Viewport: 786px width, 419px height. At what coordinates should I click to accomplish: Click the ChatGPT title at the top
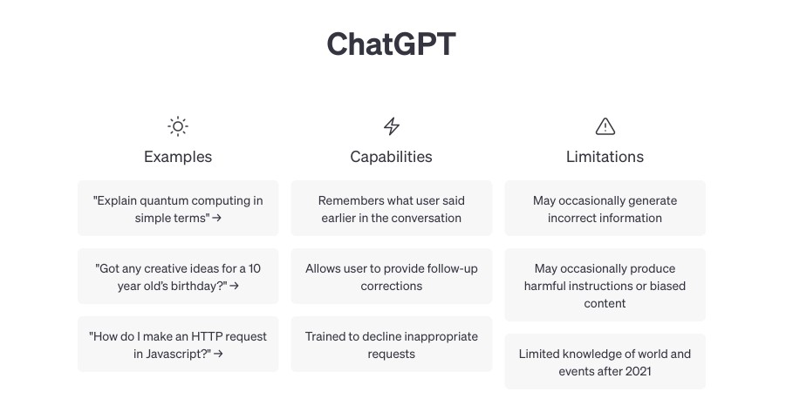pos(391,44)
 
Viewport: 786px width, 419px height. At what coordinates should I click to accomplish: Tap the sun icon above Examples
pos(178,126)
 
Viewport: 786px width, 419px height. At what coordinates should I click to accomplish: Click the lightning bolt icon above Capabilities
pos(392,126)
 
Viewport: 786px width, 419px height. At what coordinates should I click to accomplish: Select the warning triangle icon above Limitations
pos(605,126)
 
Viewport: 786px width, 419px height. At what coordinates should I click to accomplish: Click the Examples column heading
pos(178,157)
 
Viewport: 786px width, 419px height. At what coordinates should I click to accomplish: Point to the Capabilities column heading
pos(391,157)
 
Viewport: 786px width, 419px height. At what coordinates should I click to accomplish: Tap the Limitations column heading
pos(605,157)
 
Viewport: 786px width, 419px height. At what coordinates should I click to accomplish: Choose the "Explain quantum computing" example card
pos(178,208)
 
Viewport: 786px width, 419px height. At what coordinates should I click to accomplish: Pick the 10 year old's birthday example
pos(178,276)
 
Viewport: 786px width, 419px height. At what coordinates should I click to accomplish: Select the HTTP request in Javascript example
pos(178,344)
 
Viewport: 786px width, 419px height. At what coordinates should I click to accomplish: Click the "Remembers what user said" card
pos(392,208)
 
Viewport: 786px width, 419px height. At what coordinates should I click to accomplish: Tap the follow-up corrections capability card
pos(392,276)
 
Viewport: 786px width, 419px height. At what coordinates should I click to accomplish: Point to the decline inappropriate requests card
pos(392,344)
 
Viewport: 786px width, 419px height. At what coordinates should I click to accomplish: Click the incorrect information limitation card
pos(605,208)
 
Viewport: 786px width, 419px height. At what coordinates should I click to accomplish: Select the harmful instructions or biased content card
pos(605,285)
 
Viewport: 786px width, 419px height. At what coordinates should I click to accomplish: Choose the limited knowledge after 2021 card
pos(605,362)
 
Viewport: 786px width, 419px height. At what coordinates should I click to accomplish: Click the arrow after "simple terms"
pos(216,219)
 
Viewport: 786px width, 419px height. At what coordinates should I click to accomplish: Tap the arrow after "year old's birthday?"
pos(234,287)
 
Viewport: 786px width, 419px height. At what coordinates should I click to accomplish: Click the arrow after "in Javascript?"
pos(218,354)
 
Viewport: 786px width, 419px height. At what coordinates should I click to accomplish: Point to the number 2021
pos(638,371)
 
